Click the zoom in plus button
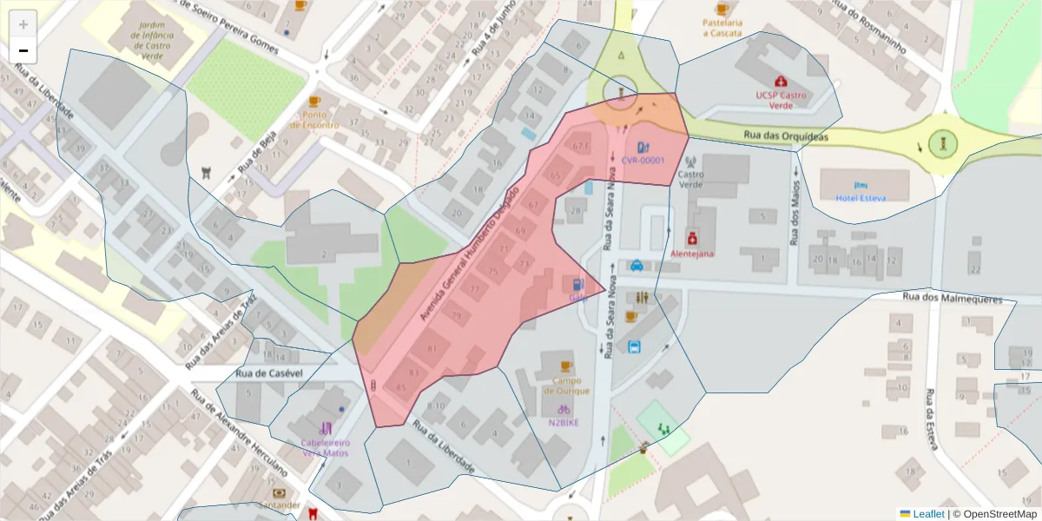pyautogui.click(x=23, y=23)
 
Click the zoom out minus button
pyautogui.click(x=23, y=50)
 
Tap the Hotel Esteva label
pyautogui.click(x=860, y=197)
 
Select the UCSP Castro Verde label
pyautogui.click(x=780, y=100)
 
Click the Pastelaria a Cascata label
pyautogui.click(x=722, y=28)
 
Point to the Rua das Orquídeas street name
pyautogui.click(x=786, y=136)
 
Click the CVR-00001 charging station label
pyautogui.click(x=643, y=160)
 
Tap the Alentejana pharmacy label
pyautogui.click(x=692, y=254)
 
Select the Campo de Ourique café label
pyautogui.click(x=566, y=385)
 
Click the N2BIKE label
pyautogui.click(x=564, y=423)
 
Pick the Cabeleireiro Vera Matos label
pyautogui.click(x=325, y=447)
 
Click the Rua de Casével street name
pyautogui.click(x=268, y=373)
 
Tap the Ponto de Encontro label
pyautogui.click(x=314, y=119)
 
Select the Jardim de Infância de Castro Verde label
pyautogui.click(x=144, y=26)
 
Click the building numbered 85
pyautogui.click(x=400, y=387)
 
